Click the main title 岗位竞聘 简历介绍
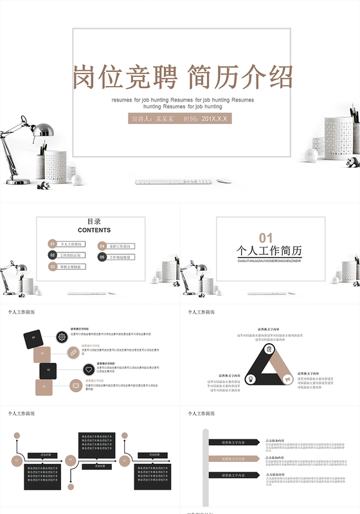(x=183, y=76)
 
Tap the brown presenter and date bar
(x=180, y=119)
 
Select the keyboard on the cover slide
(x=174, y=182)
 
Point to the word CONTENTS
(x=94, y=230)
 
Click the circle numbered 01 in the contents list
(x=53, y=244)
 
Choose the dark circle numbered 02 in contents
(x=53, y=255)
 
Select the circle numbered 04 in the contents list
(x=102, y=246)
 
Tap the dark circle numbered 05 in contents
(x=102, y=257)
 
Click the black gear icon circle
(x=62, y=336)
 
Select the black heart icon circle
(x=87, y=369)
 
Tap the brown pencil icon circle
(x=74, y=353)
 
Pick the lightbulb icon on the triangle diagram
(x=251, y=379)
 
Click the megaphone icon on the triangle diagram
(x=287, y=379)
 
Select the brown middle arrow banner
(x=234, y=459)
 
